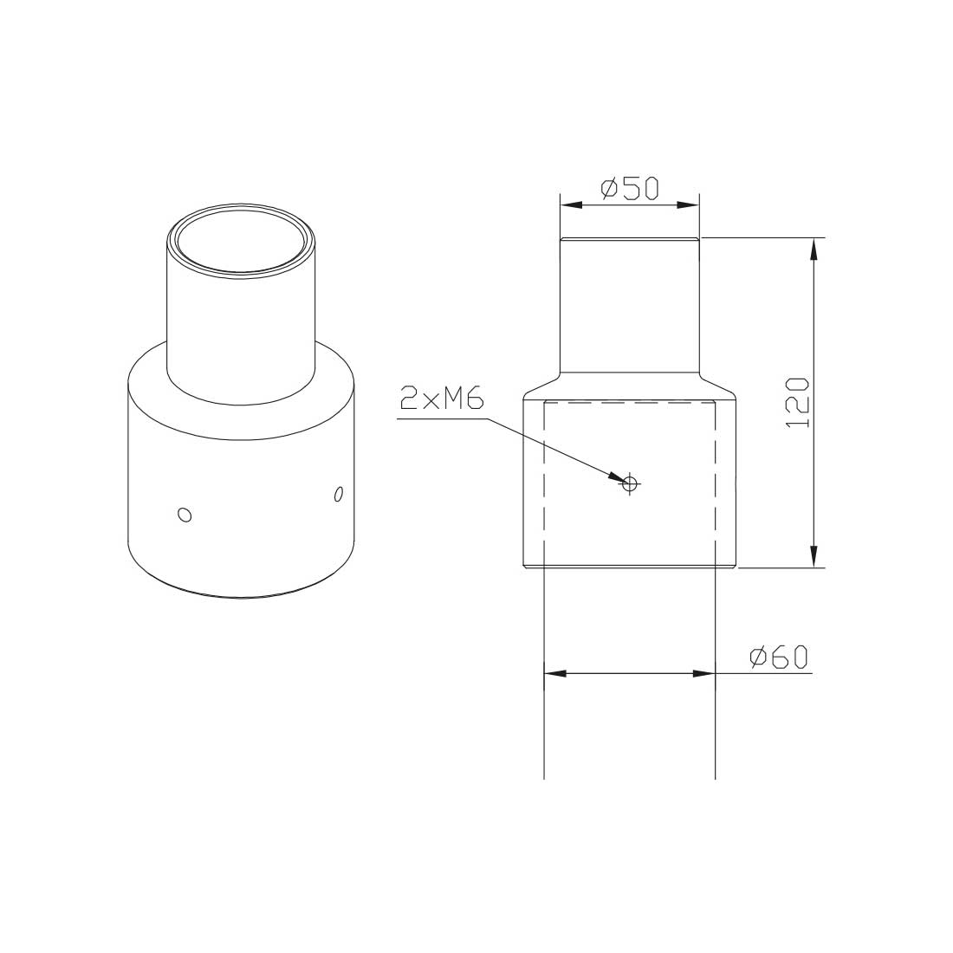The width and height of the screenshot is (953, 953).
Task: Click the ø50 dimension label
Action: click(x=630, y=188)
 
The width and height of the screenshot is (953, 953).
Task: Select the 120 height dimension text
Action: click(x=796, y=402)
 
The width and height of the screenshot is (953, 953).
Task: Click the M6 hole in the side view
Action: click(x=630, y=483)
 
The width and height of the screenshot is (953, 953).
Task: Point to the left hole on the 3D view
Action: click(x=184, y=515)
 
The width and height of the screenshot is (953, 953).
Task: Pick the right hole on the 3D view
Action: click(x=338, y=494)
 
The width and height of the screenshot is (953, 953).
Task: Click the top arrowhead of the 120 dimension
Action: click(x=814, y=249)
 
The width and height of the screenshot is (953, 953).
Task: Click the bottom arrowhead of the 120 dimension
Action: click(x=814, y=556)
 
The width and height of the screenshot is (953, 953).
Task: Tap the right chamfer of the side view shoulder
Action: click(x=717, y=384)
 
